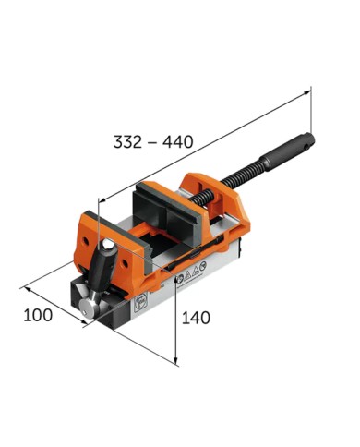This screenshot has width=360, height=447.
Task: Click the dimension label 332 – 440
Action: click(152, 142)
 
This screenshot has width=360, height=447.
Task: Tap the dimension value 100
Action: click(37, 315)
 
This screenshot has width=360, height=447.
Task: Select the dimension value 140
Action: click(196, 318)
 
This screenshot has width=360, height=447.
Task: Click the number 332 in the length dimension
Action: click(128, 142)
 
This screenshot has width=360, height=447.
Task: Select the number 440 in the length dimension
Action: click(176, 142)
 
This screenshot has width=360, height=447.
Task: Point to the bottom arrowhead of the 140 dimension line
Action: click(176, 360)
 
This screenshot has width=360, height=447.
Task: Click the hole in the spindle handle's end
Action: click(309, 140)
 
